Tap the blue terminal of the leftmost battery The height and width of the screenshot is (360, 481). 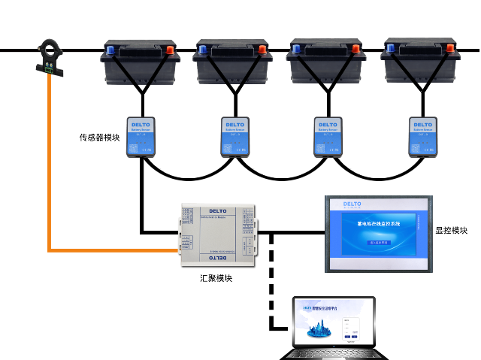[110, 50]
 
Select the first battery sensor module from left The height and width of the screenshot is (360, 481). [141, 136]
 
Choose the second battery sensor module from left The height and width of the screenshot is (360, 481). [235, 136]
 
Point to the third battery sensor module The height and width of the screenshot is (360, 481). [327, 136]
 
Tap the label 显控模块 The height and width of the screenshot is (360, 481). [452, 230]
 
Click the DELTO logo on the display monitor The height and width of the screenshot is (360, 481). [353, 204]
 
